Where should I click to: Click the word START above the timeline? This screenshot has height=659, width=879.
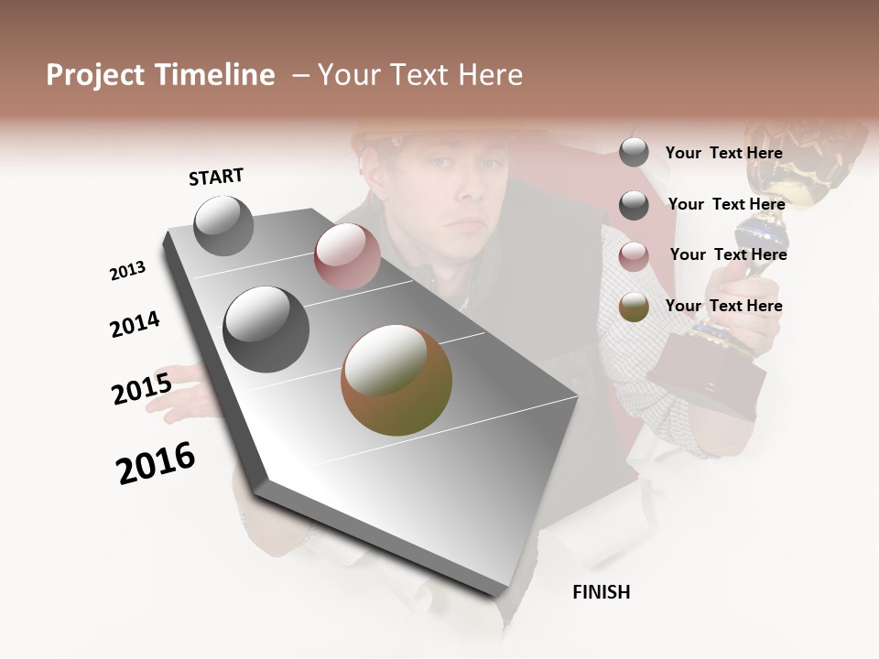[216, 177]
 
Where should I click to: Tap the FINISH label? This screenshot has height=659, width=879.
[601, 592]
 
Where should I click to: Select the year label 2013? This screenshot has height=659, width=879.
[128, 271]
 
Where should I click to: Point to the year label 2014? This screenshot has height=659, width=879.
[135, 324]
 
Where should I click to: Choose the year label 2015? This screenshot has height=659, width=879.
[141, 389]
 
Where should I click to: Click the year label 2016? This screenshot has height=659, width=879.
[156, 463]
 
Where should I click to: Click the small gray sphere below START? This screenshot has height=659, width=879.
[223, 225]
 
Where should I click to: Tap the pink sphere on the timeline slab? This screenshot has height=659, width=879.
[347, 256]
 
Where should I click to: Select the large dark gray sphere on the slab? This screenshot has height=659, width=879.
[266, 329]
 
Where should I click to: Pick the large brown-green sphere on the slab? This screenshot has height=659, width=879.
[396, 380]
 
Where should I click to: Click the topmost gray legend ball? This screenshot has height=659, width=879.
[634, 152]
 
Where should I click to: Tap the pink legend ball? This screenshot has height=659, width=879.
[634, 256]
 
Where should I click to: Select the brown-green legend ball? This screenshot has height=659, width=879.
[634, 308]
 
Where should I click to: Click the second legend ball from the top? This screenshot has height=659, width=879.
[634, 205]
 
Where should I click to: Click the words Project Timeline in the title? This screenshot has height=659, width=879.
[160, 75]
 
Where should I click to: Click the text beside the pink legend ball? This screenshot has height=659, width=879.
[728, 254]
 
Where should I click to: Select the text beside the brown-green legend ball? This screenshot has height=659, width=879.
[723, 306]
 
